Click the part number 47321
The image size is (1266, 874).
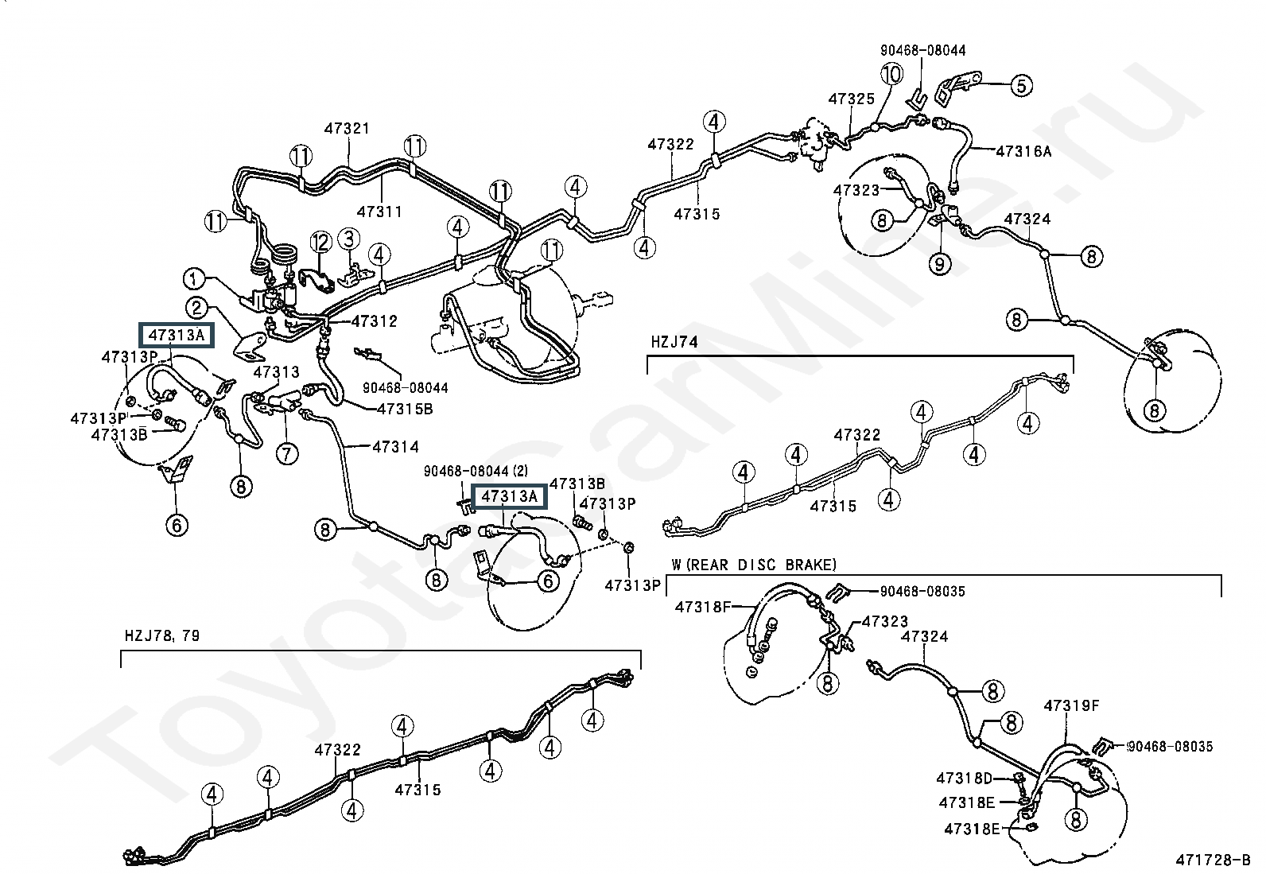[x=347, y=129]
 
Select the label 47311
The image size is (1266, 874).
[x=379, y=212]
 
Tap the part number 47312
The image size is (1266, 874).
[x=374, y=321]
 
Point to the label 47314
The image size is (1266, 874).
[x=395, y=447]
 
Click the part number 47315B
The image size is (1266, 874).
[x=404, y=409]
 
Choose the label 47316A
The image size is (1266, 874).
[x=1023, y=151]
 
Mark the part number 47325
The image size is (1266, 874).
[x=851, y=99]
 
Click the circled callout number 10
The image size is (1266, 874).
[x=891, y=75]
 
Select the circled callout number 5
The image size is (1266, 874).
[x=1021, y=85]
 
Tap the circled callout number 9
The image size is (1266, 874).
[x=940, y=262]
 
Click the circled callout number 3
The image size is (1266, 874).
[x=348, y=238]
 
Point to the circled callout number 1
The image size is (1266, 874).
[x=195, y=279]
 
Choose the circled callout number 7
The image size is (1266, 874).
[x=286, y=453]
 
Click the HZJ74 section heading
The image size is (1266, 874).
[x=674, y=342]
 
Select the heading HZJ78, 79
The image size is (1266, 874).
[x=162, y=635]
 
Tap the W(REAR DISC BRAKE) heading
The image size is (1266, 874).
[x=754, y=565]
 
